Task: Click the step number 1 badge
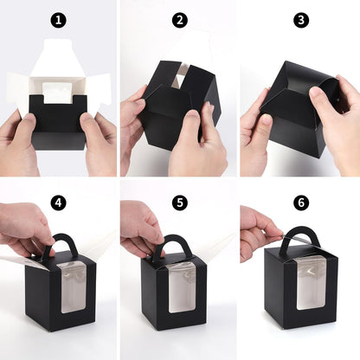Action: [x=58, y=20]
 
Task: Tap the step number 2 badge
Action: [x=180, y=20]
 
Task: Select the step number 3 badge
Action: [x=301, y=20]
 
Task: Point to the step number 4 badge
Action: [x=58, y=202]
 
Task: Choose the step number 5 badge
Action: [x=180, y=202]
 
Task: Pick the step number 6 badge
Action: [x=301, y=202]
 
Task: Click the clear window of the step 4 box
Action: [x=74, y=288]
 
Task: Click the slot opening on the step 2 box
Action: [x=181, y=76]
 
